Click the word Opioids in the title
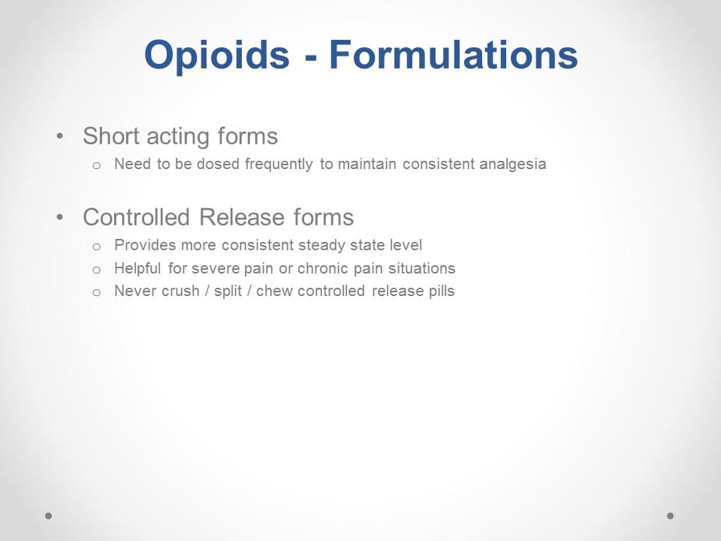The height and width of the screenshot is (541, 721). point(216,55)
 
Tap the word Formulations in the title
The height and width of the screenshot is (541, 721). point(454,54)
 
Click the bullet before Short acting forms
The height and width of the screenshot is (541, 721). point(60,136)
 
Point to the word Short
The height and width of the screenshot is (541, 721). point(111,136)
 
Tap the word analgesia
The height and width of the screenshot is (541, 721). point(513,165)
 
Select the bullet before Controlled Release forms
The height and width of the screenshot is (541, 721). point(60,217)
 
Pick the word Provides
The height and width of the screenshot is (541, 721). point(145,245)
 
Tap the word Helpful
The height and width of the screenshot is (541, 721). point(137,268)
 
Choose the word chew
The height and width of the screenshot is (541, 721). point(273,292)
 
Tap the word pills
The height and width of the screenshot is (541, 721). point(442,292)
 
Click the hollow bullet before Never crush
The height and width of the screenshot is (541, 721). point(96,292)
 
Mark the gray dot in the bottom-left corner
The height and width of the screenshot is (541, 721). point(49,515)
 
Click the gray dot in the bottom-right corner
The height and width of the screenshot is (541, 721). point(671,515)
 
